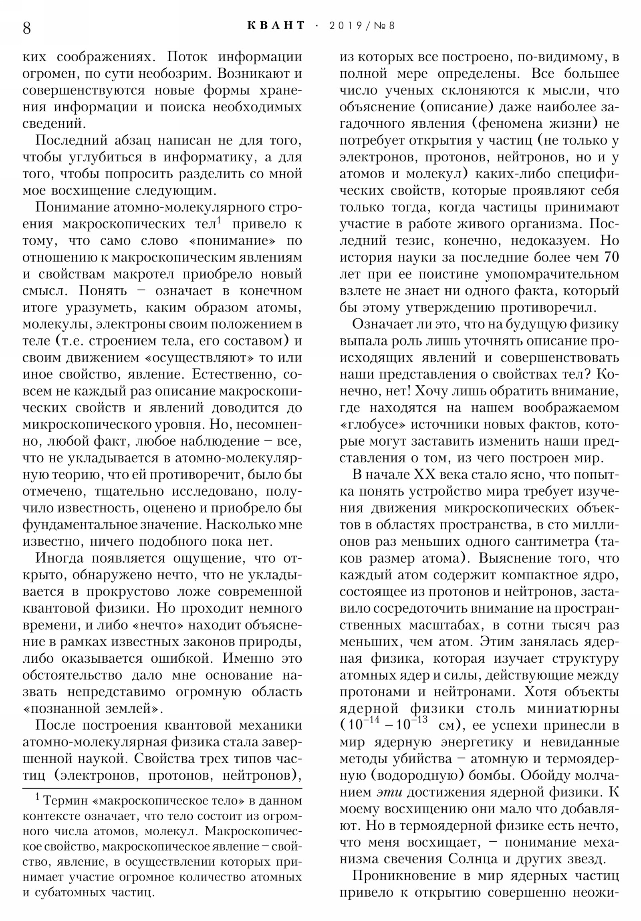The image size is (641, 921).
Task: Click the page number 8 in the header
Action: point(27,28)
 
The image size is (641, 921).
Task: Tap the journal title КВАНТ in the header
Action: point(276,25)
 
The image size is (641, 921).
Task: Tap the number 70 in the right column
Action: point(611,257)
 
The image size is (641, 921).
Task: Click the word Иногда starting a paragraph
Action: point(60,558)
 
